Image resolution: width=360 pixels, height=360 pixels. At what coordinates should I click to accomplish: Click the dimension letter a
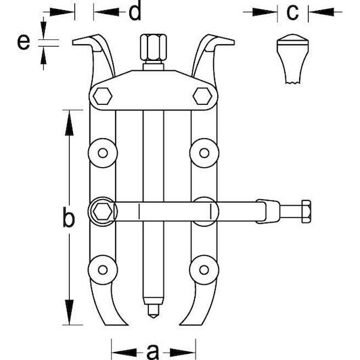click(153, 351)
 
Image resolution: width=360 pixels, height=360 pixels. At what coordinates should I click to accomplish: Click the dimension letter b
click(68, 217)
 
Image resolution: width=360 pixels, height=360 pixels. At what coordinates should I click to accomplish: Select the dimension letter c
click(292, 12)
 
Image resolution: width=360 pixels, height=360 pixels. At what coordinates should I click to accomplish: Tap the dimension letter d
click(135, 11)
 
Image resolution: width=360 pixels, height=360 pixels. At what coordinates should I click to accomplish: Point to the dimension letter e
click(24, 42)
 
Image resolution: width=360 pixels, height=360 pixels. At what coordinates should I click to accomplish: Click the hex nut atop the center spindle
click(153, 48)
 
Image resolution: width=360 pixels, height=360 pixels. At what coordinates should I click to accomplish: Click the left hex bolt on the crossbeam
click(103, 95)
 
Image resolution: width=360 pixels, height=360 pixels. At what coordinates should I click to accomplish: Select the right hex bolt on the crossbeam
click(202, 95)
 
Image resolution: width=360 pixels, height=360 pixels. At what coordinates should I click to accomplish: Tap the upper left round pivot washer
click(103, 153)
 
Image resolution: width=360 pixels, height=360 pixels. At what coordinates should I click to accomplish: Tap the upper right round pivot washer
click(204, 153)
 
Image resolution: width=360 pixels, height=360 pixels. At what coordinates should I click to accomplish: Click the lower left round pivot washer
click(103, 270)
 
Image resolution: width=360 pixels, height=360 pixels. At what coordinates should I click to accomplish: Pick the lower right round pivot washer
click(204, 270)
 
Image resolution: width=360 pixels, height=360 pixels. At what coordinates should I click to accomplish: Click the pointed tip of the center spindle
click(154, 318)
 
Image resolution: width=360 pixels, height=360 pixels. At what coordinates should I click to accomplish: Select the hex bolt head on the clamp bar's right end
click(307, 211)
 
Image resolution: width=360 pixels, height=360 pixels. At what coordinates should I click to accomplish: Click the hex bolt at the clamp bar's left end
click(103, 211)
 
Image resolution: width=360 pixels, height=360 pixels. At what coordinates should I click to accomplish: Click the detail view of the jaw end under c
click(292, 59)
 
